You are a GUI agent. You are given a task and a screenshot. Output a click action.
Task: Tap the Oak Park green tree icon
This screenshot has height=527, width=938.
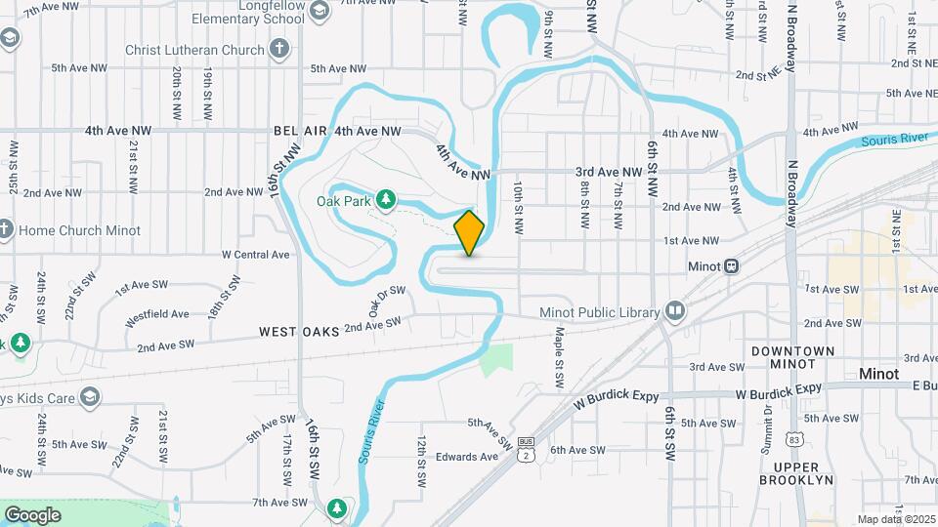click(386, 200)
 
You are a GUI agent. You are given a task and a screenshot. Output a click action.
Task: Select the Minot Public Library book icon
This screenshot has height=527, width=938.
click(674, 311)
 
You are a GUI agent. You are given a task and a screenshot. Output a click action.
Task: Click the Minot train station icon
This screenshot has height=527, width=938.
click(731, 266)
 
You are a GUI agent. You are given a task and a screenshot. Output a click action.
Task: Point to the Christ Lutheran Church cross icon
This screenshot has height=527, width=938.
click(280, 49)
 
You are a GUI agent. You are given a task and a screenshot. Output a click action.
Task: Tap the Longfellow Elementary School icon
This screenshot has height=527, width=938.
click(320, 11)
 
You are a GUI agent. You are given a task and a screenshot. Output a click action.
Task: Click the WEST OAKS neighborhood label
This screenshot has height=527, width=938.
click(299, 332)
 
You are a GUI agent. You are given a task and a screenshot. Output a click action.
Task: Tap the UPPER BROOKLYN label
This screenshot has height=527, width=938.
click(794, 473)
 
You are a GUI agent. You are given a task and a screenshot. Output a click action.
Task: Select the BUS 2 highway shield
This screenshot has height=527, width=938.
click(527, 451)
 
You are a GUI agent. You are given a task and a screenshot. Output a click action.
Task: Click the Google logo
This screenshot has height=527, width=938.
click(32, 514)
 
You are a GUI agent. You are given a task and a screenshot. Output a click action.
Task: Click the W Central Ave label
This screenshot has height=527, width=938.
click(256, 255)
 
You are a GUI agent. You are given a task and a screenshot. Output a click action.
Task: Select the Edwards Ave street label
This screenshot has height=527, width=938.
click(467, 457)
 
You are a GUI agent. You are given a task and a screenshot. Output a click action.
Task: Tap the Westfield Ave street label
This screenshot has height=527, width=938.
click(157, 314)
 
